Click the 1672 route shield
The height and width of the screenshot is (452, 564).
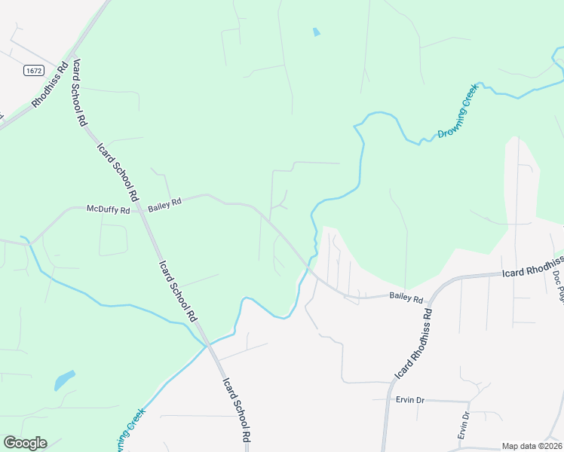(x=33, y=70)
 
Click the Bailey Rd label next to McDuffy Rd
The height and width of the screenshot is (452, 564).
(x=164, y=203)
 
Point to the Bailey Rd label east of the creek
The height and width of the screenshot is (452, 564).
(x=406, y=298)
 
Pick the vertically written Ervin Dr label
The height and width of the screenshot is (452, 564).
(x=464, y=426)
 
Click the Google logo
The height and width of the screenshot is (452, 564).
(x=25, y=443)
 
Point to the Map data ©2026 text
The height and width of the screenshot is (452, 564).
(x=532, y=446)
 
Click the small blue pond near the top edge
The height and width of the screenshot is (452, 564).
(x=316, y=32)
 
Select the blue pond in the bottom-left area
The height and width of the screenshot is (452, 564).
(x=65, y=380)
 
